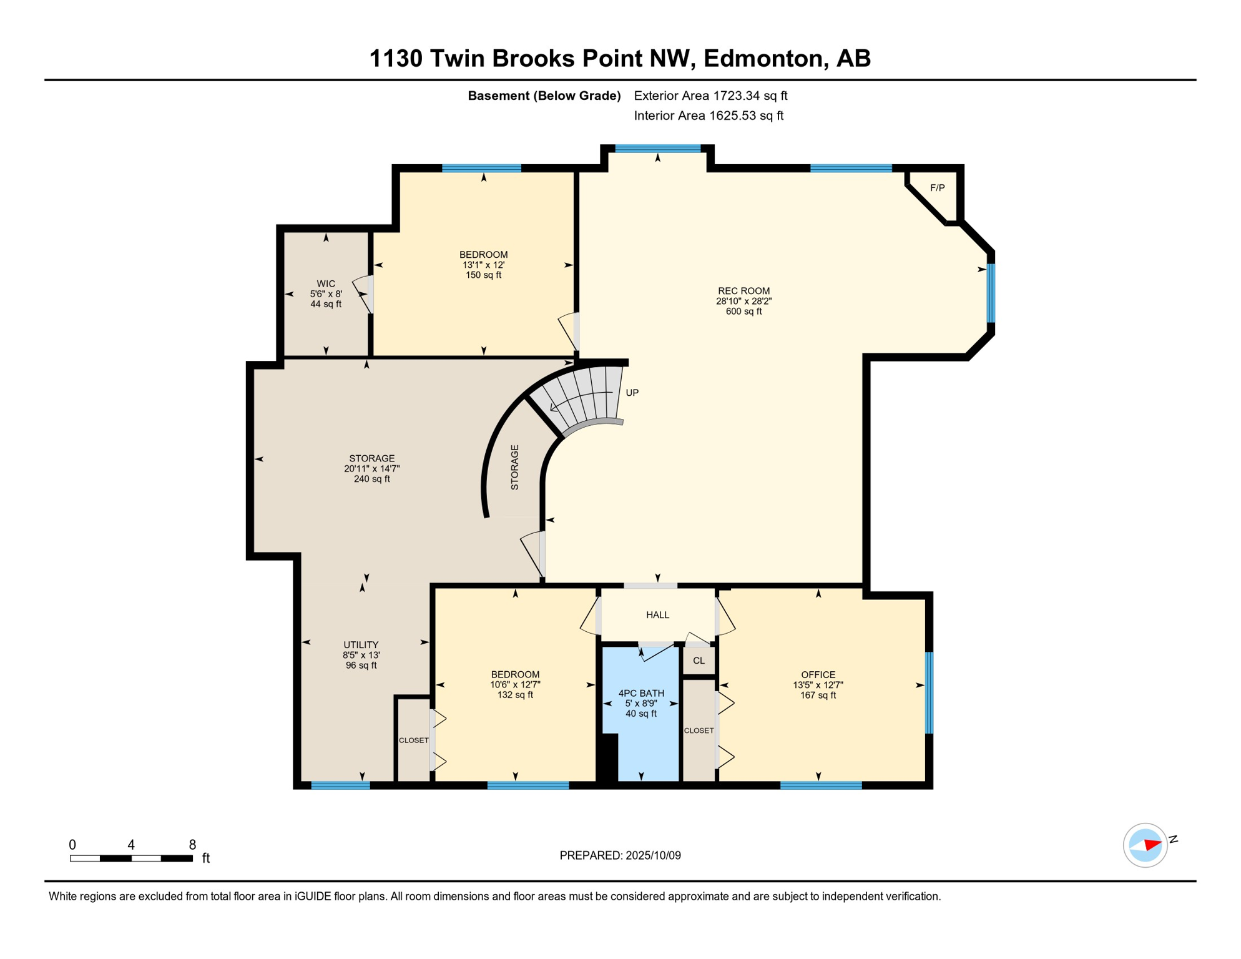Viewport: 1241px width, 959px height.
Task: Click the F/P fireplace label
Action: pyautogui.click(x=937, y=188)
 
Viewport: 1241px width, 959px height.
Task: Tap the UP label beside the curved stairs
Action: pyautogui.click(x=632, y=393)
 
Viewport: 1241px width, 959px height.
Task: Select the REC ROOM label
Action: pyautogui.click(x=743, y=291)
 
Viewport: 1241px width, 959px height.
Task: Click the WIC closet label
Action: pyautogui.click(x=326, y=284)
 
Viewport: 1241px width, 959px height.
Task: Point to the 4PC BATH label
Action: pyautogui.click(x=641, y=693)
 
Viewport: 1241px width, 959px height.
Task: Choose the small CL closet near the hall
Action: pyautogui.click(x=699, y=661)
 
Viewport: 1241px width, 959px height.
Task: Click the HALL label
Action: pyautogui.click(x=657, y=615)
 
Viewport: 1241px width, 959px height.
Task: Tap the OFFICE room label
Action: pyautogui.click(x=818, y=675)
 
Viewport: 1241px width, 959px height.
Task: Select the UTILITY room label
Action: pyautogui.click(x=361, y=645)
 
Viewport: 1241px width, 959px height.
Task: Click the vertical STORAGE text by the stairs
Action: pyautogui.click(x=514, y=467)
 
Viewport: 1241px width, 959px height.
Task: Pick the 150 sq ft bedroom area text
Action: pyautogui.click(x=483, y=275)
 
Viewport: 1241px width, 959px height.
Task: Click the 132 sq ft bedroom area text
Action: pyautogui.click(x=515, y=695)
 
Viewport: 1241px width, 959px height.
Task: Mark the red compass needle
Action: pyautogui.click(x=1152, y=845)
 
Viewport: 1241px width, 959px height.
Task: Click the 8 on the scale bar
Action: pyautogui.click(x=192, y=845)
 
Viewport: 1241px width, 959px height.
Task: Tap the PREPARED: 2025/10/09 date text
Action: pyautogui.click(x=620, y=855)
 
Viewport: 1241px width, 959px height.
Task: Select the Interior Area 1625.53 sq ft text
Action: pyautogui.click(x=708, y=116)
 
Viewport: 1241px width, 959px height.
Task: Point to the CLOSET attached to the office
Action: pyautogui.click(x=699, y=730)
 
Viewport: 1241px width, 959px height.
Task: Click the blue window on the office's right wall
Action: pyautogui.click(x=929, y=692)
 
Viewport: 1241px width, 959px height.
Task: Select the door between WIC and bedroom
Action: pyautogui.click(x=370, y=294)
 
